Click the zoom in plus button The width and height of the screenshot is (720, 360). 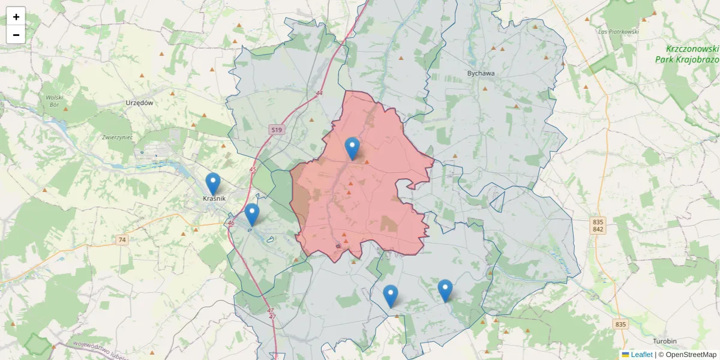(x=16, y=17)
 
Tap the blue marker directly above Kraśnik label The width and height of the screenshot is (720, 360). (x=213, y=184)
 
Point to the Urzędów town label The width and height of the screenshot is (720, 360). (x=140, y=103)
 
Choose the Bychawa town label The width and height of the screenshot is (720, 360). (x=481, y=73)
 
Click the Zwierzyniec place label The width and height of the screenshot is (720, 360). (x=117, y=137)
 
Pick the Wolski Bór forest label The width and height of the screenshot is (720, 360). (x=55, y=101)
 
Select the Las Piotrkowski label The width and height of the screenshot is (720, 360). (x=619, y=31)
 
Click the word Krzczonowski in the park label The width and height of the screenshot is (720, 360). (x=692, y=49)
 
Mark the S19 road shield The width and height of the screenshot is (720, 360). (x=276, y=130)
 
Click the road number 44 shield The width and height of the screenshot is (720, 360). (x=319, y=93)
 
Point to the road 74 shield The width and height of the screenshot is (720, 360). (x=122, y=240)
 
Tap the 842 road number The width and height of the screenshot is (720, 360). (x=597, y=229)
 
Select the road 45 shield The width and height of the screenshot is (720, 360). (x=252, y=170)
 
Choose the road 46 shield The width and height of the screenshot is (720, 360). (x=231, y=223)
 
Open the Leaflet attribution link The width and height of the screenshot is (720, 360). (x=641, y=355)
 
